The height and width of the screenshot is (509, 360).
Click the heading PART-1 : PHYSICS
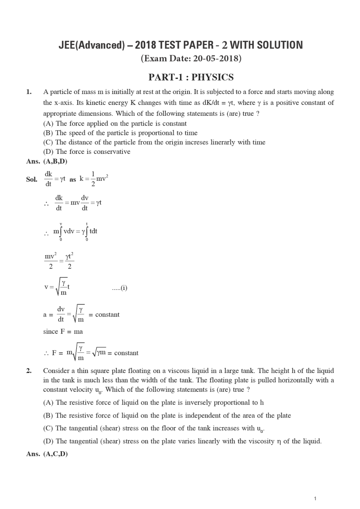[x=191, y=77]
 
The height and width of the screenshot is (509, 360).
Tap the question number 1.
[x=29, y=92]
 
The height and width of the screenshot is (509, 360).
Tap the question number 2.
[x=29, y=371]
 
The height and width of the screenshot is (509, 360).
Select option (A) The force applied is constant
[x=115, y=123]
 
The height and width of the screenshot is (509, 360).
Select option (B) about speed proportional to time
[x=120, y=133]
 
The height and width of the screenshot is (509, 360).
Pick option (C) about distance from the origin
[x=154, y=142]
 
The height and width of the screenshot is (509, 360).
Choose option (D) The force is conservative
[x=86, y=152]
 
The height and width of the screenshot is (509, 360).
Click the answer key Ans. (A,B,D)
[x=47, y=161]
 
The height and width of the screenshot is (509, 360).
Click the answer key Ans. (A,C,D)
[x=47, y=454]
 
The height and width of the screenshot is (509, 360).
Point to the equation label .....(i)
[x=119, y=288]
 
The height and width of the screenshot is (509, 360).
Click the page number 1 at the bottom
[x=315, y=498]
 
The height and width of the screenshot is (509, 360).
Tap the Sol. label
[x=32, y=179]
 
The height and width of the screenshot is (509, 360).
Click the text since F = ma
[x=63, y=331]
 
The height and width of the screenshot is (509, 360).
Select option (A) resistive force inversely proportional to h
[x=153, y=402]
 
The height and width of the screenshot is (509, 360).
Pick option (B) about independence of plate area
[x=167, y=415]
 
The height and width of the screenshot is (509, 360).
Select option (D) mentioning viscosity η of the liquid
[x=182, y=441]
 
